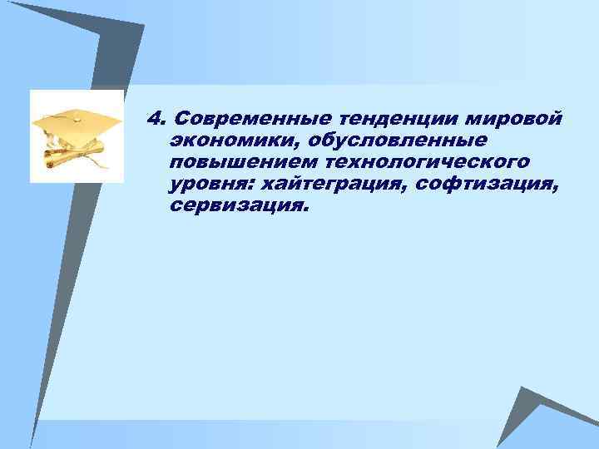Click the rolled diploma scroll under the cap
click(x=77, y=158)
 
